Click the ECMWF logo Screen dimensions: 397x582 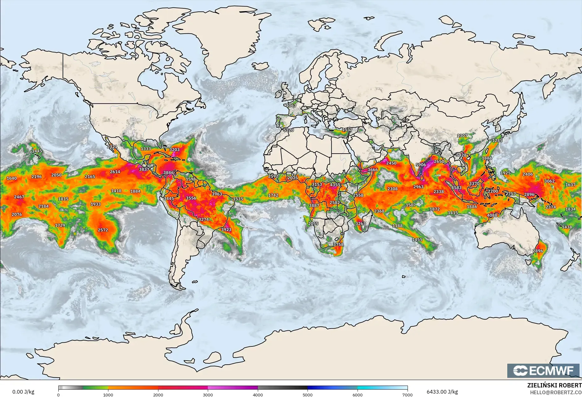[543, 370]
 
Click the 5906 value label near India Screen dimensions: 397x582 [421, 165]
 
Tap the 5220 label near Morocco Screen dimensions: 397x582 [289, 130]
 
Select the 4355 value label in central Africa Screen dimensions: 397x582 [335, 185]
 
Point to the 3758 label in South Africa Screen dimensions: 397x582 [338, 244]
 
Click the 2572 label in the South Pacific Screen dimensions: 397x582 [103, 230]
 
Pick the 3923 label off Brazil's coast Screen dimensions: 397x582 [226, 229]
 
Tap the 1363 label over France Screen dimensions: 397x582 [291, 105]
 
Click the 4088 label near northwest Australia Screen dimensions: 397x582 [492, 215]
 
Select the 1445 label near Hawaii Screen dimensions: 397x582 [37, 151]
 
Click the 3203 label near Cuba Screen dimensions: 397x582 [174, 150]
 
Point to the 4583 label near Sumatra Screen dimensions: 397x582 [456, 188]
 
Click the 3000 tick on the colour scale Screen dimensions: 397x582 [208, 395]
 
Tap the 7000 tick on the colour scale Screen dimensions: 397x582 [408, 395]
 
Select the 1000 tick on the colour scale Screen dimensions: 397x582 [108, 395]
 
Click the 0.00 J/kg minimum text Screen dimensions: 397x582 [23, 392]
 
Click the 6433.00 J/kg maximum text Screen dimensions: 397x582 [442, 392]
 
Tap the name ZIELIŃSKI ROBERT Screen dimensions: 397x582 [554, 385]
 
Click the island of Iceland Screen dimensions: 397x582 [261, 66]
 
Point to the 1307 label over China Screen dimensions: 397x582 [462, 135]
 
